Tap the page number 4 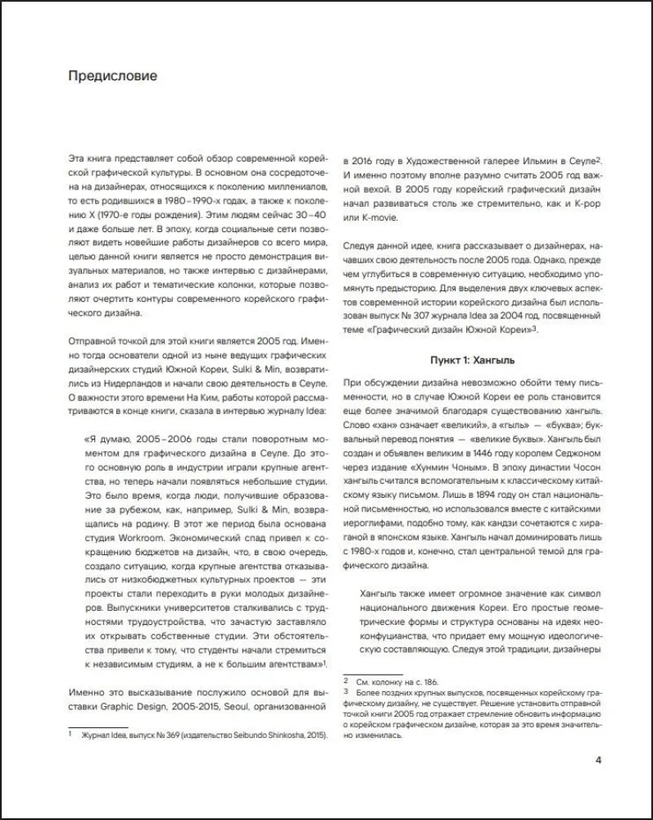click(x=599, y=758)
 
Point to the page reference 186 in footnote click(x=427, y=681)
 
